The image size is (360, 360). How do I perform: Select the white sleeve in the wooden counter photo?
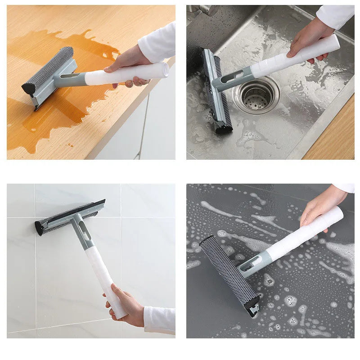point(157,43)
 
